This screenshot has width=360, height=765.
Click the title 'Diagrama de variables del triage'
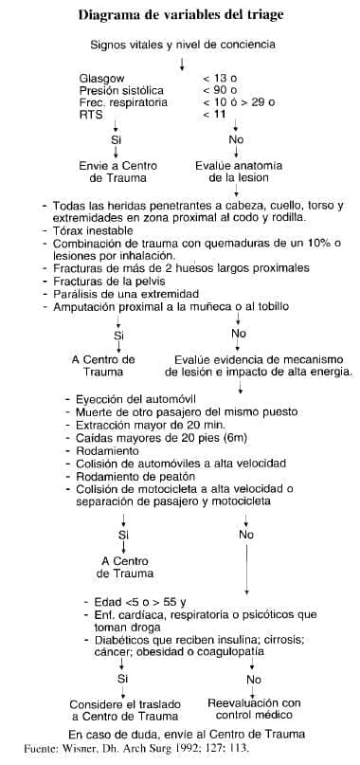(x=180, y=16)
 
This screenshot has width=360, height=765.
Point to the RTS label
(x=92, y=114)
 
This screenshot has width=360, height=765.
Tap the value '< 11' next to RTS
(x=215, y=114)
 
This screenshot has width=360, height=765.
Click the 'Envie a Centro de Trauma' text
(x=117, y=171)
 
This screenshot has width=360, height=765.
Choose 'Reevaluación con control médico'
(x=253, y=709)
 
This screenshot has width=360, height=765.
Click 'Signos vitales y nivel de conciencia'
(x=183, y=45)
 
